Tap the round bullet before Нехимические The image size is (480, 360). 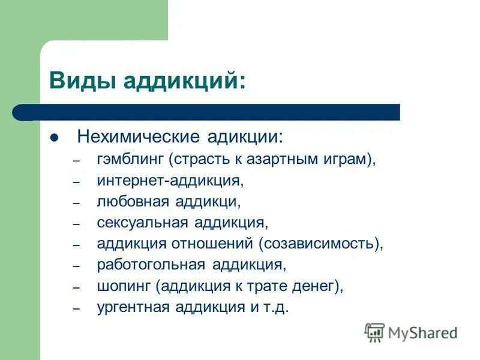pyautogui.click(x=54, y=137)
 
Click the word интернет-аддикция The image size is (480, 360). pyautogui.click(x=169, y=181)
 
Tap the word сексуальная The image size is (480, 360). pyautogui.click(x=142, y=223)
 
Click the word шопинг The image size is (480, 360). pyautogui.click(x=124, y=286)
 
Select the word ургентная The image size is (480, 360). pyautogui.click(x=133, y=307)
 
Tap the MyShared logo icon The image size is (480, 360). pyautogui.click(x=375, y=332)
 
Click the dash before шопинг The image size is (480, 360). pyautogui.click(x=76, y=288)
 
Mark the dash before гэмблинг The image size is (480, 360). pyautogui.click(x=76, y=161)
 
